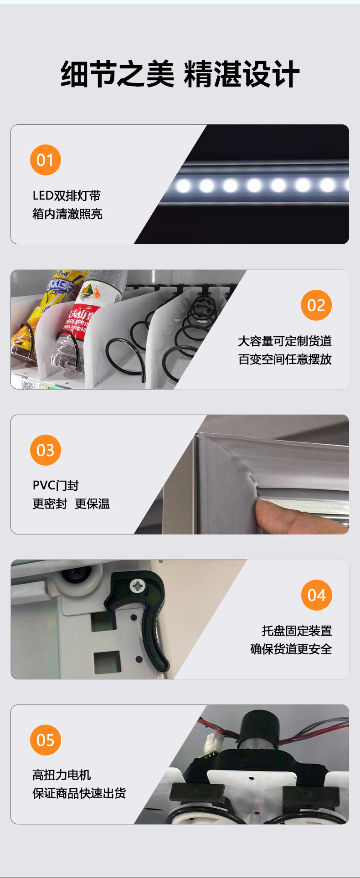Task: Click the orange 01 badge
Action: [x=46, y=160]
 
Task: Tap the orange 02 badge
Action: [x=316, y=305]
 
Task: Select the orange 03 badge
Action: [x=46, y=450]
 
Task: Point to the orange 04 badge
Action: [x=317, y=595]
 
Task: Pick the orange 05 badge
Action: [x=46, y=740]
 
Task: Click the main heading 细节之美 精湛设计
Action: [x=180, y=74]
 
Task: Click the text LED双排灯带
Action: [x=67, y=196]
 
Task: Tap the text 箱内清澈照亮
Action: [x=67, y=214]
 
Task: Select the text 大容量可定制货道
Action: [x=285, y=341]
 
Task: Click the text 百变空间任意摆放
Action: [x=285, y=359]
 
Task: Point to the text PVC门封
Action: [x=56, y=486]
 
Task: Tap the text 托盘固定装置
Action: [x=297, y=631]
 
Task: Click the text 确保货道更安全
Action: [x=291, y=649]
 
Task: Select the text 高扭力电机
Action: [x=62, y=775]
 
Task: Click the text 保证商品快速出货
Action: [x=79, y=793]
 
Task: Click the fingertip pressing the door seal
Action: [x=269, y=513]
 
